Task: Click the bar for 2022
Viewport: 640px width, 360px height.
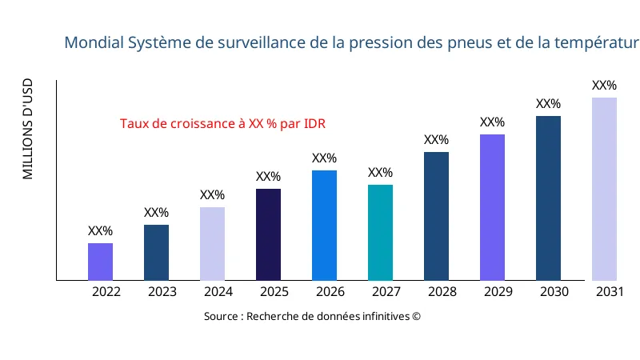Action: tap(100, 262)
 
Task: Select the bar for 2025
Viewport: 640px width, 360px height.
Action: tap(268, 234)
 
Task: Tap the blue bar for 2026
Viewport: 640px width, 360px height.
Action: tap(324, 225)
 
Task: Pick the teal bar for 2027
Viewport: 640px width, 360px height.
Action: tap(380, 232)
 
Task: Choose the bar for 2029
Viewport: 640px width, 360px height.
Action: tap(492, 207)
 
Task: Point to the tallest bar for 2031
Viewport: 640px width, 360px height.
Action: tap(604, 189)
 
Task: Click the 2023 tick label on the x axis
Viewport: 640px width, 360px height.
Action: tap(162, 292)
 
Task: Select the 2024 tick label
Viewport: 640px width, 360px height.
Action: tap(218, 292)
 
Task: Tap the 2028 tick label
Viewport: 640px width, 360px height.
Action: tap(442, 292)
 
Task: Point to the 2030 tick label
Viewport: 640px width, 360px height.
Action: tap(554, 292)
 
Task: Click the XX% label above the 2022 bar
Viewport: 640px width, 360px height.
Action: tap(100, 231)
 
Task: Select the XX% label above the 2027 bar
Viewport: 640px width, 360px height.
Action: tap(380, 173)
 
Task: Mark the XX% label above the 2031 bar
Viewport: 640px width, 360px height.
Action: tap(604, 86)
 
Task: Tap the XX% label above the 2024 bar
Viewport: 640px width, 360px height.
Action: tap(212, 195)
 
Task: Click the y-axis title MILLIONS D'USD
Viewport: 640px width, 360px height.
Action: tap(28, 129)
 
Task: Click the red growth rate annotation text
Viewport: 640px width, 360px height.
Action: tap(222, 124)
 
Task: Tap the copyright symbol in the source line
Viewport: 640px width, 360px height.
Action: tap(416, 317)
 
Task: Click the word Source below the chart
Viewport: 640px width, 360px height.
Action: tap(221, 317)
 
